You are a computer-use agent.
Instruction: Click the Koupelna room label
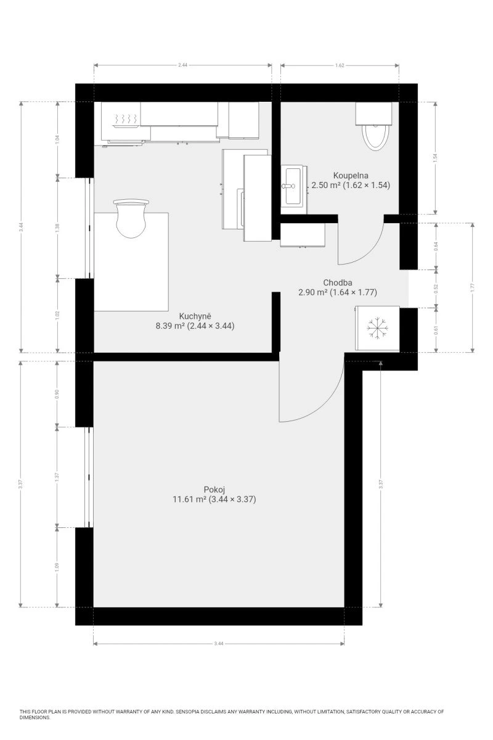click(x=351, y=175)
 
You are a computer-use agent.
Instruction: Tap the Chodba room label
click(x=337, y=282)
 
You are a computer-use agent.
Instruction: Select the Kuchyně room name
click(x=195, y=316)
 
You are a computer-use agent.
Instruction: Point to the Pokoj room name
click(x=214, y=490)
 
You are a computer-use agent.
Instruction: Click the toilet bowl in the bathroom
click(x=375, y=137)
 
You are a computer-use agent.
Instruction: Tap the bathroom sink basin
click(x=293, y=186)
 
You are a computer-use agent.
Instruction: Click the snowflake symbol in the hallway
click(x=377, y=328)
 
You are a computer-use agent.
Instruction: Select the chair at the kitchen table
click(x=131, y=218)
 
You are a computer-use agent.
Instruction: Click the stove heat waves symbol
click(x=126, y=118)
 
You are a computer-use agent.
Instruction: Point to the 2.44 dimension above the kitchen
click(x=182, y=65)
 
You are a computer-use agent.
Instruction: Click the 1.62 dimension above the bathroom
click(x=340, y=65)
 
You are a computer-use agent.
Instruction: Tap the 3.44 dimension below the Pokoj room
click(x=219, y=643)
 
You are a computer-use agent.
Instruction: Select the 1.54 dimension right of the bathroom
click(x=435, y=158)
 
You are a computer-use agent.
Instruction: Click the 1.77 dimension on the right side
click(x=473, y=288)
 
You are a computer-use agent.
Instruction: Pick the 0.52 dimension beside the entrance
click(x=436, y=289)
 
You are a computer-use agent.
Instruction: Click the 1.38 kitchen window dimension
click(x=57, y=228)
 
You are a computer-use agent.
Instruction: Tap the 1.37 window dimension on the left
click(x=57, y=477)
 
